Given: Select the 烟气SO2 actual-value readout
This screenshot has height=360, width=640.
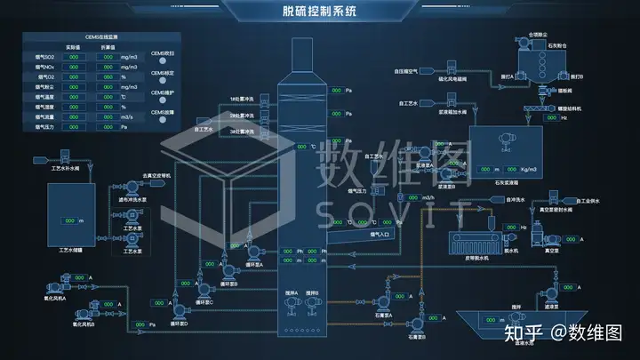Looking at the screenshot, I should click(x=75, y=56).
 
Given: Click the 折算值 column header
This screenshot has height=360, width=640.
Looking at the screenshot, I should click(x=108, y=46).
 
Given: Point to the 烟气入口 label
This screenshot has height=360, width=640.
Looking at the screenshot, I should click(x=380, y=236).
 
